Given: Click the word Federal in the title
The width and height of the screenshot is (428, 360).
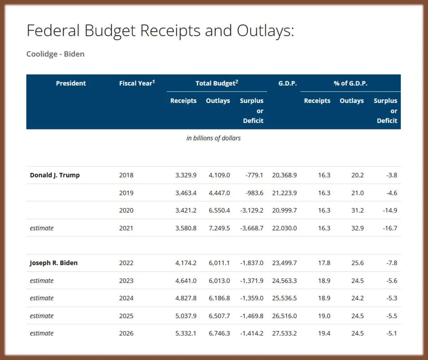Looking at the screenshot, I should click(53, 31).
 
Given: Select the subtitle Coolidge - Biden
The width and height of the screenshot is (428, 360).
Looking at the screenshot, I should click(55, 54).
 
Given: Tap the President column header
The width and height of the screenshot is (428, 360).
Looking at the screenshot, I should click(71, 83).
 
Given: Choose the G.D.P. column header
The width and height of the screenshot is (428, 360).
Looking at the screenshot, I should click(287, 83).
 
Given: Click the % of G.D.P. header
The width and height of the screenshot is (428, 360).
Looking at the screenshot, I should click(350, 83).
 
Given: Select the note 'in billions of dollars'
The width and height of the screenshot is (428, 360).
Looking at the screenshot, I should click(213, 138).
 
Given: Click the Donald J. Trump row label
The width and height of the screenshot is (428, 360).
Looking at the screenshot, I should click(55, 175).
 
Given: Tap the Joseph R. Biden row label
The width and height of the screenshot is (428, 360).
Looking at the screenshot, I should click(53, 263).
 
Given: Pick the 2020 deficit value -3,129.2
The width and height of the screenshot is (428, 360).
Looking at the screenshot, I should click(251, 210).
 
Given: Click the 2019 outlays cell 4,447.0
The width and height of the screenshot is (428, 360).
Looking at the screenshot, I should click(219, 193).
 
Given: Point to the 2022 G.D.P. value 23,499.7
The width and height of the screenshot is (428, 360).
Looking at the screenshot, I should click(284, 263).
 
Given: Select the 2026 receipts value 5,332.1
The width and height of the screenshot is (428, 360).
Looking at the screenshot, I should click(185, 333).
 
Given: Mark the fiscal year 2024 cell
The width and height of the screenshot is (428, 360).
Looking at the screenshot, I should click(126, 298).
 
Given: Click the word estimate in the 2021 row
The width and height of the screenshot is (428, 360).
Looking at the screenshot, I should click(42, 228).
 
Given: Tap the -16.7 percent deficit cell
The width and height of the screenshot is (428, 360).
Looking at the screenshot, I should click(390, 228).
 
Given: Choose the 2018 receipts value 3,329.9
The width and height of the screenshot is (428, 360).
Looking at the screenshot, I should click(185, 175).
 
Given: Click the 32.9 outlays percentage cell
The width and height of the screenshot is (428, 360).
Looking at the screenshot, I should click(357, 228).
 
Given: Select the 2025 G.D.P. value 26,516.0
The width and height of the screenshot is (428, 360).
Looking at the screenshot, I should click(284, 316).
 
